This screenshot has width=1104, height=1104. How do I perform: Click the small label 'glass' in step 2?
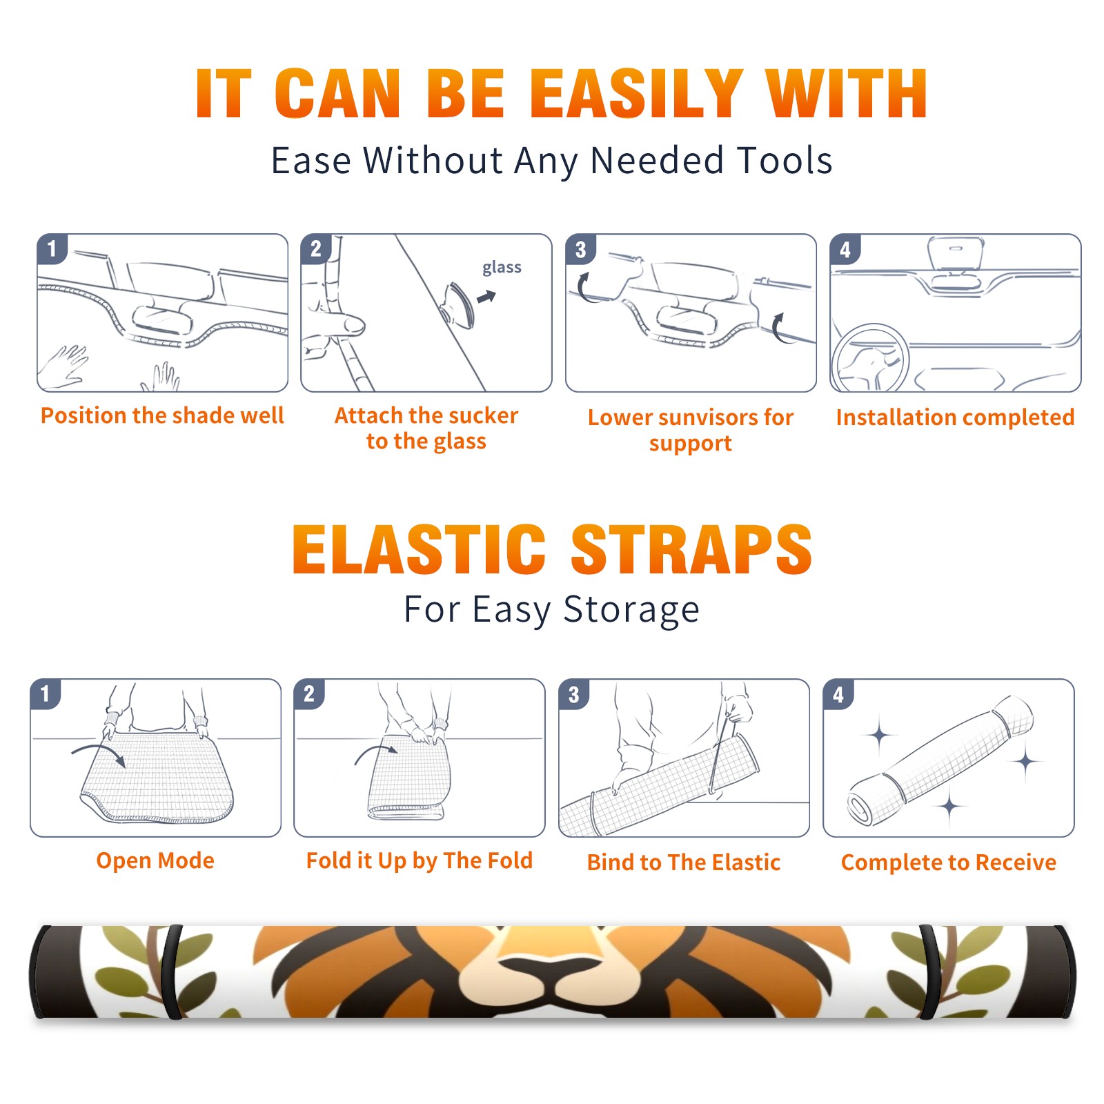(x=502, y=268)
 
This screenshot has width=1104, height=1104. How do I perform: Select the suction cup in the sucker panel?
(x=457, y=304)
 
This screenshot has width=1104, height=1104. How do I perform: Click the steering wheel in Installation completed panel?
(x=870, y=358)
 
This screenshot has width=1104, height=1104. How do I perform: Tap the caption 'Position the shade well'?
(x=162, y=415)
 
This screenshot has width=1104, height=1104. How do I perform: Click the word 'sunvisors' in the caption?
(x=707, y=417)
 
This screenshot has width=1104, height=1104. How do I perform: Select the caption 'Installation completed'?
(x=955, y=417)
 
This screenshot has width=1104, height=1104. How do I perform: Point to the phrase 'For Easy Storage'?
(x=551, y=609)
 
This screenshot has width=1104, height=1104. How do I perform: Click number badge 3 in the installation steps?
(x=580, y=250)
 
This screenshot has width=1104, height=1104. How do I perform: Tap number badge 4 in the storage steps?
(x=838, y=694)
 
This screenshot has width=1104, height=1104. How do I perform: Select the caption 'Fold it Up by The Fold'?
(x=419, y=860)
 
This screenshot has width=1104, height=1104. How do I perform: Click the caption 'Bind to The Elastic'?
(x=683, y=862)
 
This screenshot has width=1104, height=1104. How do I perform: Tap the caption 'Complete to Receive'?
(x=948, y=862)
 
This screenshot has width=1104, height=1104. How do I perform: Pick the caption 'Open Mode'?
(x=155, y=860)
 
